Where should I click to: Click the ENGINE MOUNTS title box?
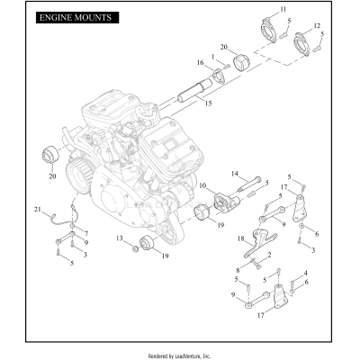tap(75, 17)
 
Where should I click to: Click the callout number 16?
tap(201, 63)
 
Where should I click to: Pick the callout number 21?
tap(38, 210)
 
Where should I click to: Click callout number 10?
tap(203, 186)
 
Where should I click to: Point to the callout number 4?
tap(306, 271)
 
